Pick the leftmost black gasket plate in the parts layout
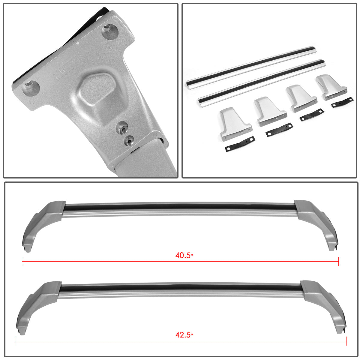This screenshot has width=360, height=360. (240, 144)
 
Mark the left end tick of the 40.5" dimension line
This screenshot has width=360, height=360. (22, 262)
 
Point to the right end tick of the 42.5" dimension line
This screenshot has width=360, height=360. (346, 341)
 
